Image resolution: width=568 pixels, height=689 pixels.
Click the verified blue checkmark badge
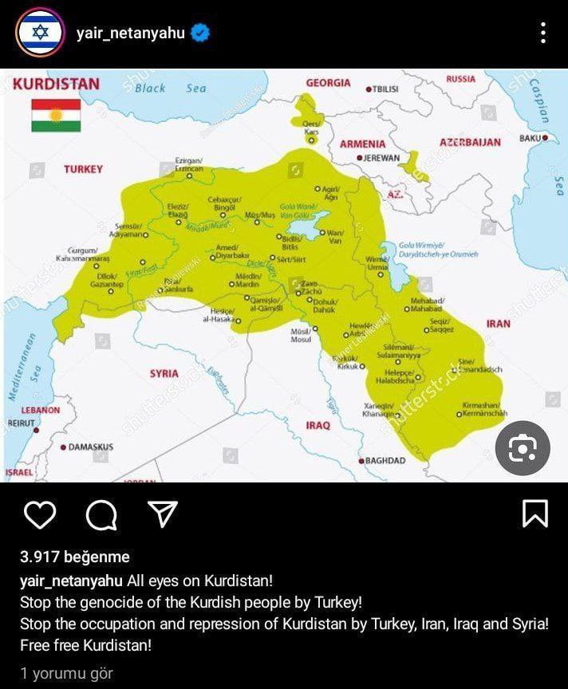(x=202, y=33)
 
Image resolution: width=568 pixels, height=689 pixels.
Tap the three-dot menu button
(x=543, y=33)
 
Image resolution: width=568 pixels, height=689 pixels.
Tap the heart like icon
(x=39, y=514)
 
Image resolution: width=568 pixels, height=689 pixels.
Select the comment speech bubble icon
(x=101, y=515)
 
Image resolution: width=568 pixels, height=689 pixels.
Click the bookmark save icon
(x=534, y=514)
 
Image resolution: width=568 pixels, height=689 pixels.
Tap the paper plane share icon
(x=163, y=514)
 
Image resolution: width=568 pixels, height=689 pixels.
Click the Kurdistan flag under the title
(x=56, y=115)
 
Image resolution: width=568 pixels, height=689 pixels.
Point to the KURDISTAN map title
(x=57, y=84)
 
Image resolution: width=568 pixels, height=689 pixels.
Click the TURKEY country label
(x=84, y=170)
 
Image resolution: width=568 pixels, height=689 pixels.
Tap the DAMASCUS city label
(x=90, y=447)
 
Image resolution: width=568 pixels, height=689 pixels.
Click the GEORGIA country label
(x=328, y=83)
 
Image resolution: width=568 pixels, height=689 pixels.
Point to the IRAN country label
(x=498, y=325)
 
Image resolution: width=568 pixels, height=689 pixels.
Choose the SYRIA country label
(x=164, y=373)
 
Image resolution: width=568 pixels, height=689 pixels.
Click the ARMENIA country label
(x=362, y=144)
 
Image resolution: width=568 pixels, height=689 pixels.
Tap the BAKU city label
(x=531, y=138)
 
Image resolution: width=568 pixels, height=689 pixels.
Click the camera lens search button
(x=523, y=449)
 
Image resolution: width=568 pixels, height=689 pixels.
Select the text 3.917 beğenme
(x=75, y=557)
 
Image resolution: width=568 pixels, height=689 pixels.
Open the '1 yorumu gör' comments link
(x=67, y=673)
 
